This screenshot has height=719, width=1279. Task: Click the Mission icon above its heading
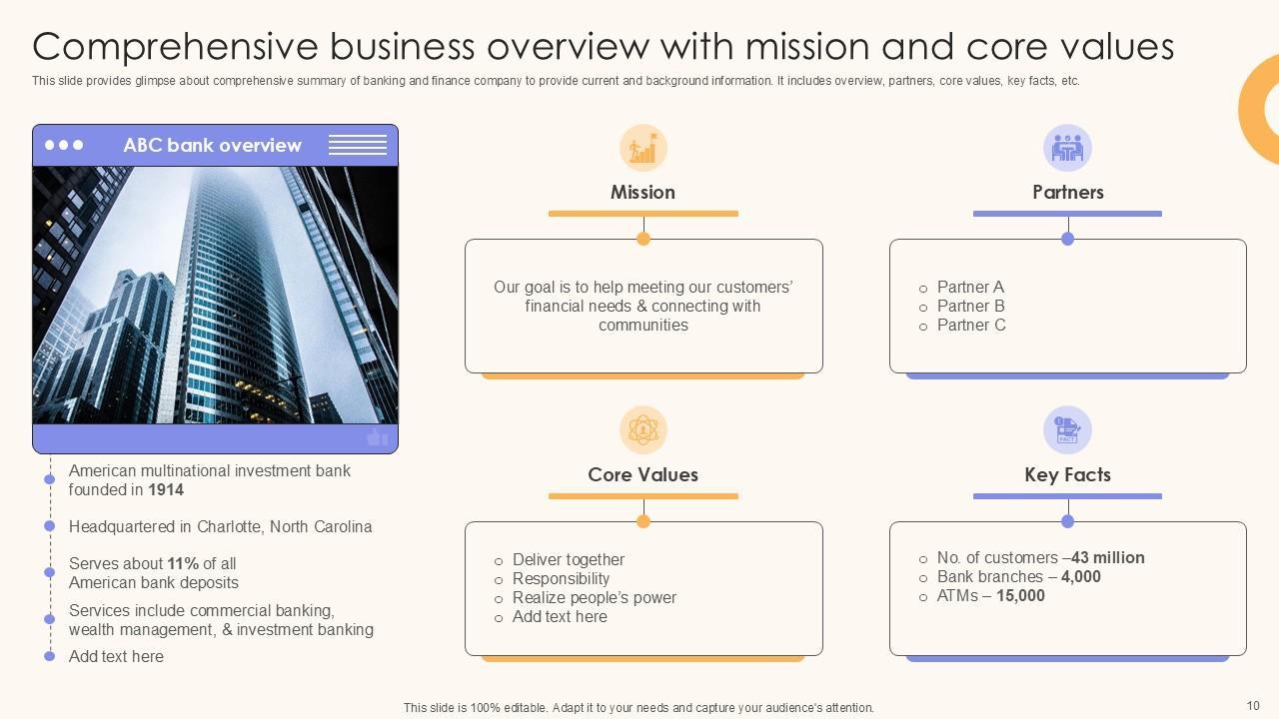643,149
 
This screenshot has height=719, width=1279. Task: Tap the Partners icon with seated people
1067,149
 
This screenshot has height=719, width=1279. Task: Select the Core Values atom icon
643,430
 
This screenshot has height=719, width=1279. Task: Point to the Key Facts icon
1067,430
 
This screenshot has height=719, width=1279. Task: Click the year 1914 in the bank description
166,490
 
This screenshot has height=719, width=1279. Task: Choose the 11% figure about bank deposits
183,564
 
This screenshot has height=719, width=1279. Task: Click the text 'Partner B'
970,307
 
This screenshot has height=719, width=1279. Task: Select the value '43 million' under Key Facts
1107,558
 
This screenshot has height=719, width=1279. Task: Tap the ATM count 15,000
1020,596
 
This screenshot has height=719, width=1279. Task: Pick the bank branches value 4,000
1080,577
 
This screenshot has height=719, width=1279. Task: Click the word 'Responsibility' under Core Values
561,579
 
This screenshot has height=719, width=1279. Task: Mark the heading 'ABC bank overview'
212,146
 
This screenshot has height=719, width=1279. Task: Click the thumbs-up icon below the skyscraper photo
377,437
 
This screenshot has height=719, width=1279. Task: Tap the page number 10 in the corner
1253,706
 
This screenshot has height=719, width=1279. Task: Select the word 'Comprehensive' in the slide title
174,47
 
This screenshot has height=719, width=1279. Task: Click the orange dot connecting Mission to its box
643,239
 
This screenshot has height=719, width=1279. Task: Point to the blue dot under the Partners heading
1067,239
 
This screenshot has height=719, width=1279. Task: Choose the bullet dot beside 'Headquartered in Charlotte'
50,526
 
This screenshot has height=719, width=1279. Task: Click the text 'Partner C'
971,326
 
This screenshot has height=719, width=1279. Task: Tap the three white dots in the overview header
64,146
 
